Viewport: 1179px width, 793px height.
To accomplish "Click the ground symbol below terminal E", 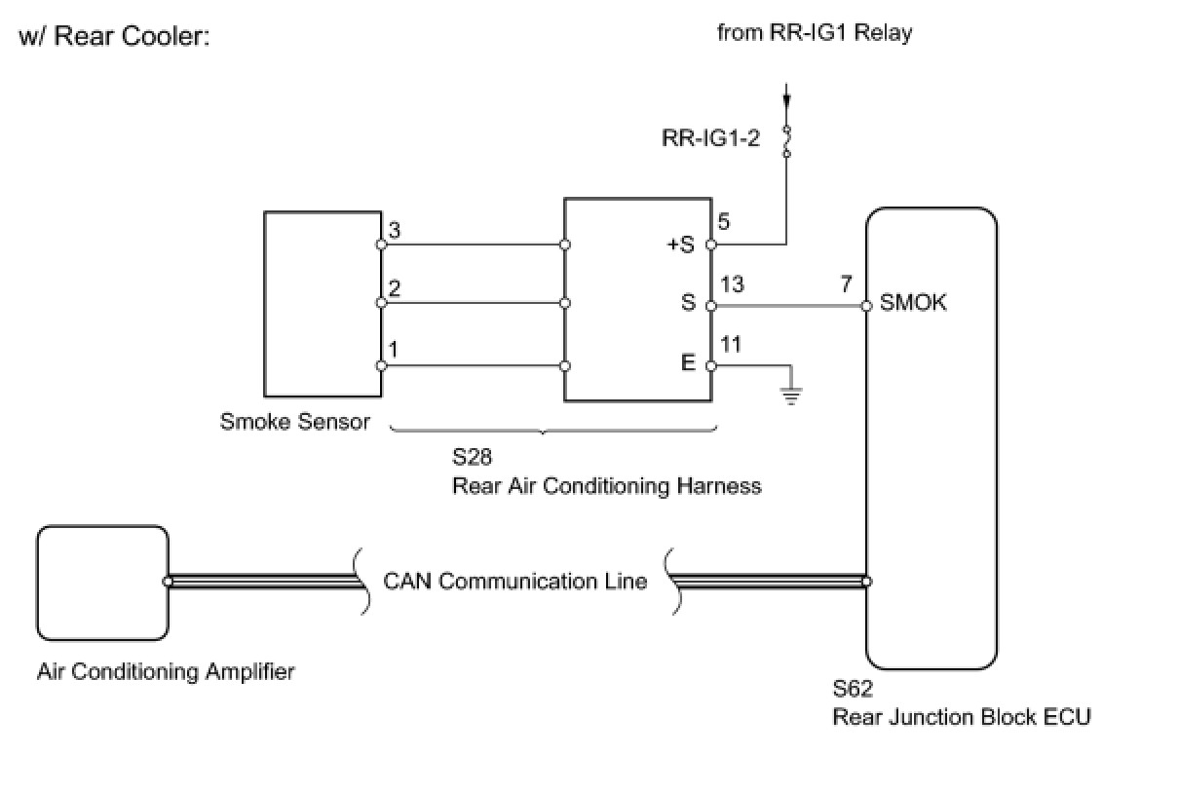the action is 790,396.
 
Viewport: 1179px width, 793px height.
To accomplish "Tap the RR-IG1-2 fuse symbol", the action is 787,141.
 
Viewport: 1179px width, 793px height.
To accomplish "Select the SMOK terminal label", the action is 913,303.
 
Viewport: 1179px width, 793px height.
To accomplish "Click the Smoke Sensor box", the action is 323,304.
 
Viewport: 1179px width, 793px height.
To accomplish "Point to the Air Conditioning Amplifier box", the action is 102,583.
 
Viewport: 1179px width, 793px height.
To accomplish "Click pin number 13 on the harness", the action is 732,284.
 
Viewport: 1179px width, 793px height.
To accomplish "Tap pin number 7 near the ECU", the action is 846,284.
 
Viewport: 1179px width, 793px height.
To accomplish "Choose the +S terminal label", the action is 680,245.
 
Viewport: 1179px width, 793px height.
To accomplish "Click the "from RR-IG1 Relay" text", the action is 815,32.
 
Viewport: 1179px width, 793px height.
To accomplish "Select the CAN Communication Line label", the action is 515,582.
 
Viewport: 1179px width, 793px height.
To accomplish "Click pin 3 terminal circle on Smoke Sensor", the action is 382,245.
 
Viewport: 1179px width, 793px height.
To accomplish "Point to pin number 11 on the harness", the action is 731,345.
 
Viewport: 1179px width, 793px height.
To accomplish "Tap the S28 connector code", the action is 473,457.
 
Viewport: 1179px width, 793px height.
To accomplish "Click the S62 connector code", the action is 853,689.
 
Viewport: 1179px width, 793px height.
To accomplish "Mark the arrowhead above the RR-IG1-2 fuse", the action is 787,101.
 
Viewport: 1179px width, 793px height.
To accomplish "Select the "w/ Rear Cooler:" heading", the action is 114,36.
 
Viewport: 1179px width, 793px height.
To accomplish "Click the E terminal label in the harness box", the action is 688,362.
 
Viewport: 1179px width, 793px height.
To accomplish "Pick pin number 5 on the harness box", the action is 724,222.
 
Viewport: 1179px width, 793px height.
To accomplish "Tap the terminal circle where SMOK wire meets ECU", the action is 866,306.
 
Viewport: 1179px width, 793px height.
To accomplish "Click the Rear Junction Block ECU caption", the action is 962,717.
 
